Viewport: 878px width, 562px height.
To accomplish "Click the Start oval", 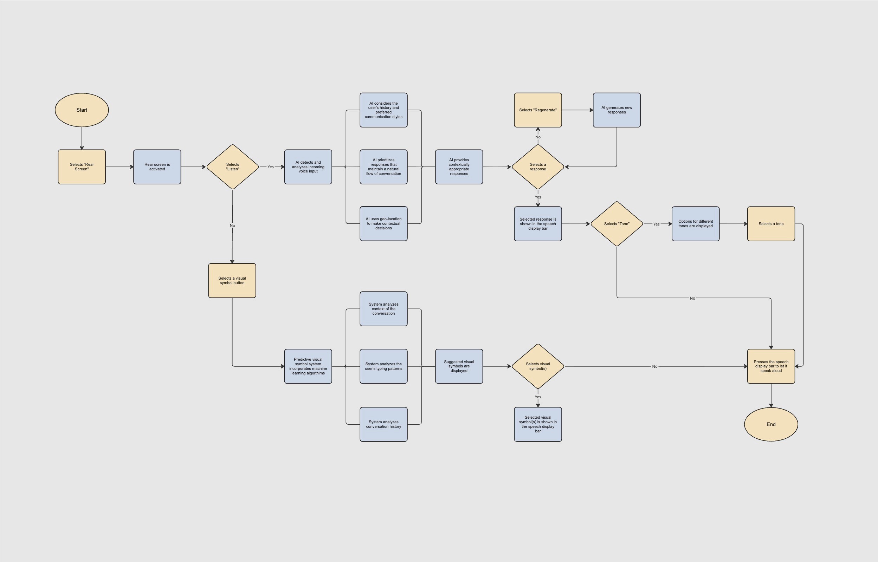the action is [x=82, y=110].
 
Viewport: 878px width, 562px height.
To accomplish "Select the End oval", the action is [x=771, y=424].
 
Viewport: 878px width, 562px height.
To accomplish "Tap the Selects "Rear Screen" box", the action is [x=82, y=167].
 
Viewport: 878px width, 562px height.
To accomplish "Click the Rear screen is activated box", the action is [x=157, y=167].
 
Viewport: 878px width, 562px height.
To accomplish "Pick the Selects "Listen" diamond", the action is [x=233, y=167].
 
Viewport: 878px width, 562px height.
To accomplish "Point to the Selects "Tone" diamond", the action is [x=616, y=224].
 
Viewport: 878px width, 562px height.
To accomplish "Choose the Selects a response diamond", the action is [x=538, y=167].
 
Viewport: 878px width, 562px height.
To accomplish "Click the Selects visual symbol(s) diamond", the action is [x=538, y=366].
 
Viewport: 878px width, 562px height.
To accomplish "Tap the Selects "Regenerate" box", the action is [x=538, y=110].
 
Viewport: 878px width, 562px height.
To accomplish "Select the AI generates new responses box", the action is [x=616, y=110].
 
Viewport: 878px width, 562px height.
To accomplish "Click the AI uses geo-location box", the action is [x=383, y=224].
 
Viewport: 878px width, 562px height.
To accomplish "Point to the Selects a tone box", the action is [x=771, y=224].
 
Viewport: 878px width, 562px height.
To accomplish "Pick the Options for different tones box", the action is [x=696, y=224].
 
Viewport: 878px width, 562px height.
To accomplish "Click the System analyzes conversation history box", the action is [x=383, y=424].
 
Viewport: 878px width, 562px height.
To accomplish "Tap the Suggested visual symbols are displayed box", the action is [x=459, y=366].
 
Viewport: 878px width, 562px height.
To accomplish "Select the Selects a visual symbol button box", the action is [x=232, y=281].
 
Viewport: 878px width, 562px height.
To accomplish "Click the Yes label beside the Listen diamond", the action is [x=271, y=167].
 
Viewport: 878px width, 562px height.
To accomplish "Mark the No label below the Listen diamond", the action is [x=233, y=226].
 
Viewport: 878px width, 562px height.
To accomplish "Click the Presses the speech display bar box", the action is [x=771, y=366].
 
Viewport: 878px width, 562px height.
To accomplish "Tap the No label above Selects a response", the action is [x=538, y=137].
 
